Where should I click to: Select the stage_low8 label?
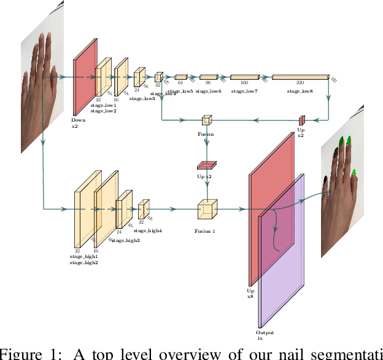(300, 91)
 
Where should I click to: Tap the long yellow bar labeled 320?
(300, 77)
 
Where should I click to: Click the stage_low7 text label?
(244, 91)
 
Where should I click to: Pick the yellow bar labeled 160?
(244, 77)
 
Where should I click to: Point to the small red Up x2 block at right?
(302, 120)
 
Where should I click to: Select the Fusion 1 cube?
(207, 209)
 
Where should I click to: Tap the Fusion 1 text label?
(206, 231)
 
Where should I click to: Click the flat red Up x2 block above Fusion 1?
(206, 165)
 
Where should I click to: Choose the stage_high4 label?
(148, 230)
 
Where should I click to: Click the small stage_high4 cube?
(144, 209)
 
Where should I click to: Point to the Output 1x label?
(265, 335)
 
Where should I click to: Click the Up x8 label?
(250, 293)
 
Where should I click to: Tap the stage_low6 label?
(209, 91)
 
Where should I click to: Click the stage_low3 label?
(141, 98)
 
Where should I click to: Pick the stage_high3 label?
(125, 241)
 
